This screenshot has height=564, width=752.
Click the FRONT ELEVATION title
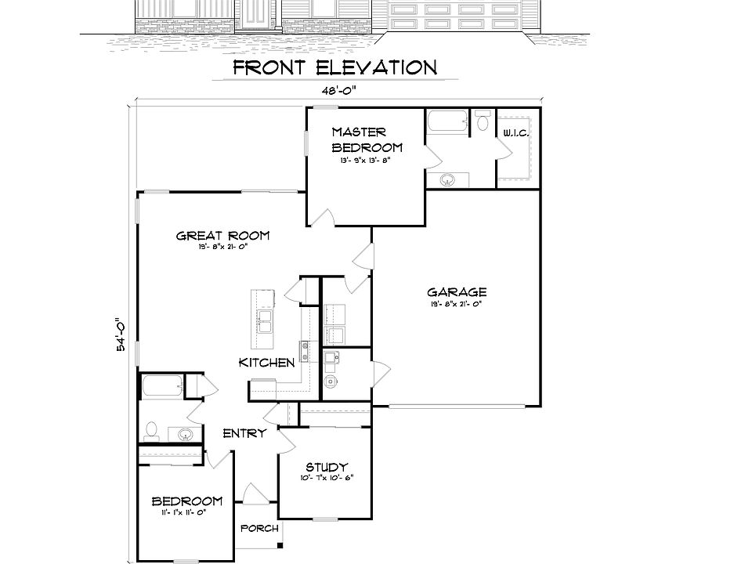pos(334,67)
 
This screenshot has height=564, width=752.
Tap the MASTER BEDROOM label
pos(367,139)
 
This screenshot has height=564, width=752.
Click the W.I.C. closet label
pos(516,134)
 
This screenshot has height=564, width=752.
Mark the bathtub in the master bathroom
pos(446,122)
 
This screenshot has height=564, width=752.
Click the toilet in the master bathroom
pos(483,121)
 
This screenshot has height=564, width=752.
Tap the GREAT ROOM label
pos(222,236)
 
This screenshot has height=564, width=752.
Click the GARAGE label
pos(456,293)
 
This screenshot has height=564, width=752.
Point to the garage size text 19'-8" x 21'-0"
pos(455,304)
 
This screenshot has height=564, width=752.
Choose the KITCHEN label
pos(266,363)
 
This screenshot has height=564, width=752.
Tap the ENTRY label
pos(244,433)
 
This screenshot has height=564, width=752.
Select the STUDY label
pos(327,467)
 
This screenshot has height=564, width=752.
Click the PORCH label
pos(259,528)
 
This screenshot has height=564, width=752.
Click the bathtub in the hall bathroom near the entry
pos(162,386)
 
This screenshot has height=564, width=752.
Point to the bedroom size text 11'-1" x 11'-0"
pos(186,512)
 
